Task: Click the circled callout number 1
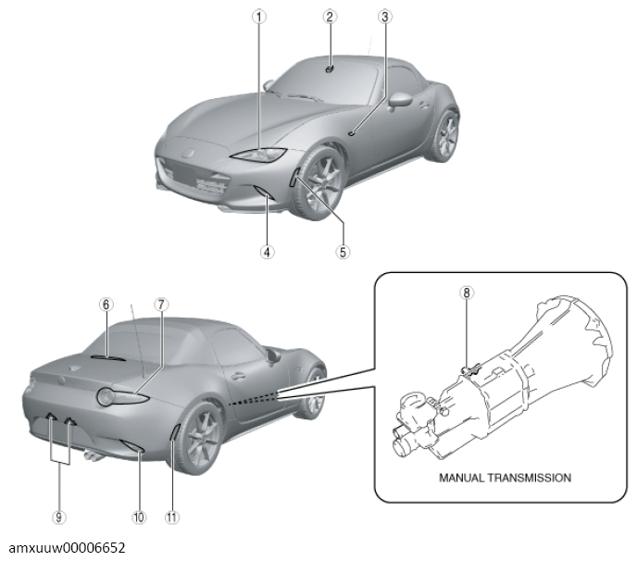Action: click(x=259, y=17)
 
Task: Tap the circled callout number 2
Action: click(x=330, y=17)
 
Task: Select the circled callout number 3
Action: click(x=385, y=17)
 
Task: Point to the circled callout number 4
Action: click(x=267, y=253)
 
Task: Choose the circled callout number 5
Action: click(x=343, y=253)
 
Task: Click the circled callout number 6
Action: click(x=106, y=305)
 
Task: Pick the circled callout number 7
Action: click(x=161, y=305)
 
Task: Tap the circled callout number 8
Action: click(x=467, y=293)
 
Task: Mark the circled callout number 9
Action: click(x=59, y=517)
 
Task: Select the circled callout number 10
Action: click(x=139, y=517)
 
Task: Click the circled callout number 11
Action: click(x=171, y=517)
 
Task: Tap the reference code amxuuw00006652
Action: click(x=67, y=548)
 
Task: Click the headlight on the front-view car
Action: click(x=259, y=155)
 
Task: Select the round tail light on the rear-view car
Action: click(x=106, y=397)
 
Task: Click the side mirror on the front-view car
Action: click(x=399, y=100)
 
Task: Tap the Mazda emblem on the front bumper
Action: click(x=187, y=154)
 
